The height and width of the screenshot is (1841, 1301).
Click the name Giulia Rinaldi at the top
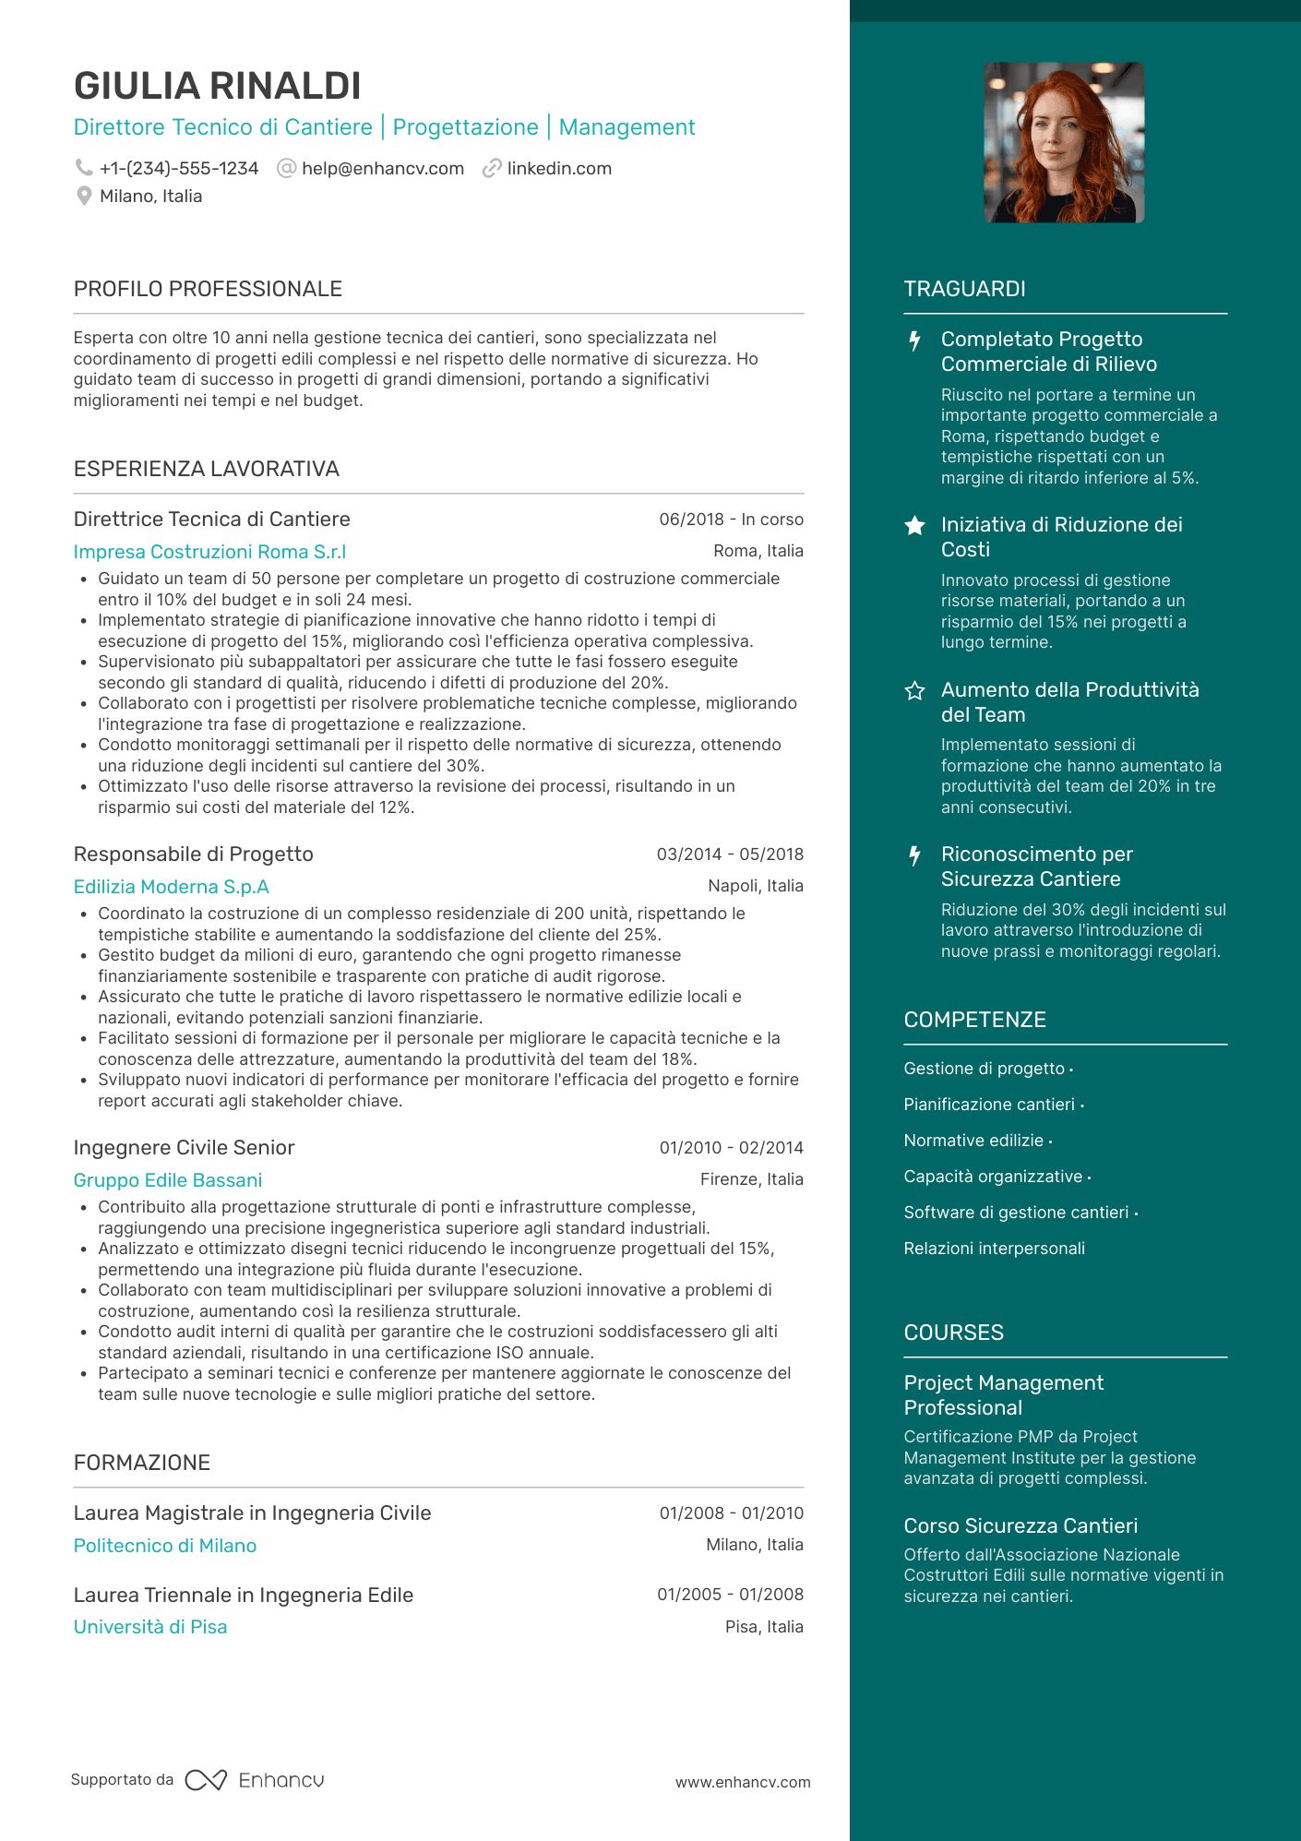(x=217, y=86)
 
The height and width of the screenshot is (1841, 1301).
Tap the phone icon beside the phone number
(x=84, y=168)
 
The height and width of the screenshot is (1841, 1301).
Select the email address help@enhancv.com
(x=382, y=169)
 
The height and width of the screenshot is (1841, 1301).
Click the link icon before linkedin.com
(x=492, y=168)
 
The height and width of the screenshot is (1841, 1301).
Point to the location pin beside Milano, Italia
(x=84, y=196)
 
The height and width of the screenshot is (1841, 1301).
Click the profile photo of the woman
(x=1064, y=142)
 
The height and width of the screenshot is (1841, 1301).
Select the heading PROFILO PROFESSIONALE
(x=208, y=289)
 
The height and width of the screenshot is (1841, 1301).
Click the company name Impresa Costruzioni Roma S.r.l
(x=209, y=552)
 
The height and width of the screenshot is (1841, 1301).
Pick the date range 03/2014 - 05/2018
(x=730, y=855)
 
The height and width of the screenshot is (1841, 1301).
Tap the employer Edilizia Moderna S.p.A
(x=172, y=887)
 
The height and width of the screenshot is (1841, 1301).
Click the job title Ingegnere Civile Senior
(x=184, y=1148)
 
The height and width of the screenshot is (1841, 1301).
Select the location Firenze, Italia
(x=751, y=1179)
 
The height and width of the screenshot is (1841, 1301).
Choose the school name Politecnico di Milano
(x=165, y=1546)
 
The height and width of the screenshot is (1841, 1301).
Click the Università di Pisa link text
(x=150, y=1627)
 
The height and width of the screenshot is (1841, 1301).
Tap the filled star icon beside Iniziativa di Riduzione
(x=914, y=526)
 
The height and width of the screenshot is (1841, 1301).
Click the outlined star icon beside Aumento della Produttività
(x=914, y=690)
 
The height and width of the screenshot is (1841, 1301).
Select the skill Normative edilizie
(x=973, y=1141)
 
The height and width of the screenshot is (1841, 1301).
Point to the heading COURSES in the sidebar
(x=953, y=1333)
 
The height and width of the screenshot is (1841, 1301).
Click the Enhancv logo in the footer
(x=255, y=1780)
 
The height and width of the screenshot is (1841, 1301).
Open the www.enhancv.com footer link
(x=743, y=1782)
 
